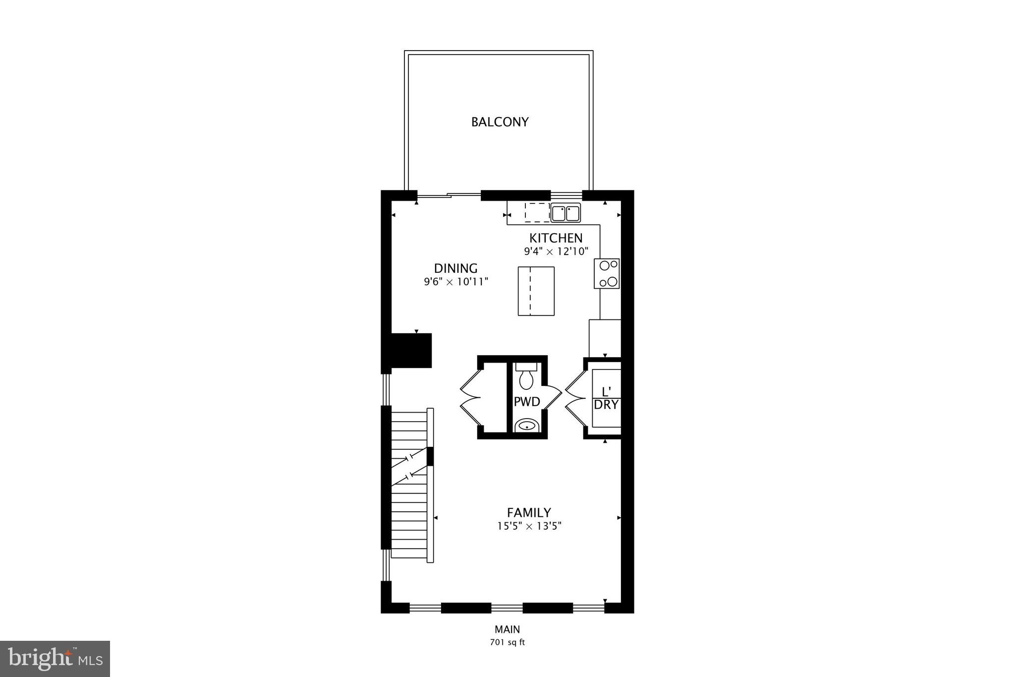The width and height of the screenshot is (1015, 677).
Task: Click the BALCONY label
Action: [x=500, y=122]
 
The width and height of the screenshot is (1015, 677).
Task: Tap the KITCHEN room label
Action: [x=556, y=238]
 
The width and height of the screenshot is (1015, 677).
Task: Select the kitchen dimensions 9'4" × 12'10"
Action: [x=556, y=251]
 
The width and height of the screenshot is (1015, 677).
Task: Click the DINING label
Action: [x=455, y=269]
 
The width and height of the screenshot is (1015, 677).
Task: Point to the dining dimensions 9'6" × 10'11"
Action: [x=456, y=282]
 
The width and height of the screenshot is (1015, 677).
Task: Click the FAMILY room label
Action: [x=529, y=513]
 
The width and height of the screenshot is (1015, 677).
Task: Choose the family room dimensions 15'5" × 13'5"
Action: [x=529, y=526]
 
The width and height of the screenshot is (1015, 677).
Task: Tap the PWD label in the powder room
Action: [x=526, y=402]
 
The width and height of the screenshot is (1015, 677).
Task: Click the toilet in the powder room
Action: [x=525, y=377]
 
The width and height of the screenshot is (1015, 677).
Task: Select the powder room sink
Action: [x=526, y=425]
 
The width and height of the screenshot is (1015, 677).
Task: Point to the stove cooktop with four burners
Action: [x=607, y=273]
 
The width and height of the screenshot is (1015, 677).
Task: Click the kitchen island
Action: [x=536, y=291]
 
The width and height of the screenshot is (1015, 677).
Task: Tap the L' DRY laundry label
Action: [x=606, y=398]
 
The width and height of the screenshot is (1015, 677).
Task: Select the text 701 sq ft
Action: [x=507, y=642]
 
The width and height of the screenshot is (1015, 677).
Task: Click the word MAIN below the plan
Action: [x=507, y=630]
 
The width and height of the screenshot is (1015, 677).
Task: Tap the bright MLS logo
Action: [x=55, y=659]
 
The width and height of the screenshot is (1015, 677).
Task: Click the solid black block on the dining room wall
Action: [x=411, y=350]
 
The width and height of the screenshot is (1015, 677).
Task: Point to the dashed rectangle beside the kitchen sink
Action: [x=537, y=212]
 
